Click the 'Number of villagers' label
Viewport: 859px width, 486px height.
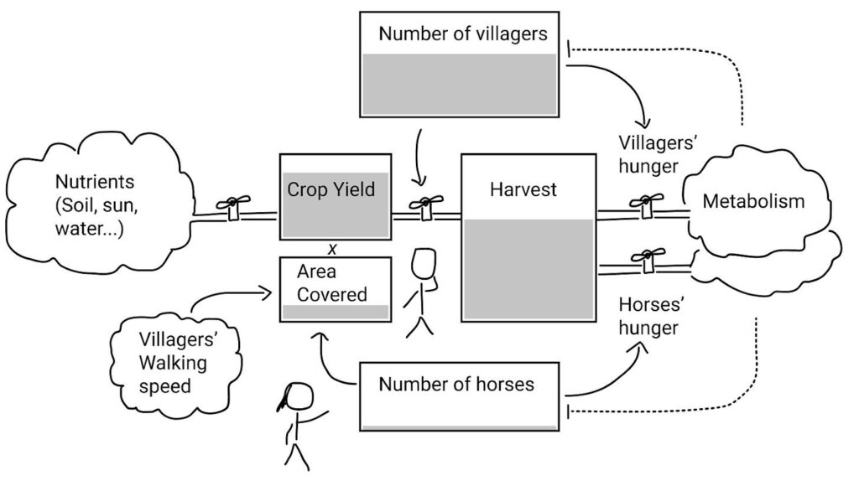click(x=462, y=34)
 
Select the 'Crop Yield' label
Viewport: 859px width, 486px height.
click(x=331, y=189)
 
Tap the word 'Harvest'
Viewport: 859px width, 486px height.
click(x=523, y=189)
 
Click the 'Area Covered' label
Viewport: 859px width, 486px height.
click(x=331, y=283)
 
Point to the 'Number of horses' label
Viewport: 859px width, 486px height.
click(x=456, y=385)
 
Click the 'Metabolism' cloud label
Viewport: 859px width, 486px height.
click(x=752, y=201)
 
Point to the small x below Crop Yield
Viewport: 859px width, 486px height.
click(x=333, y=248)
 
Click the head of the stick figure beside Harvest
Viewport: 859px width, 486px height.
click(x=424, y=264)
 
